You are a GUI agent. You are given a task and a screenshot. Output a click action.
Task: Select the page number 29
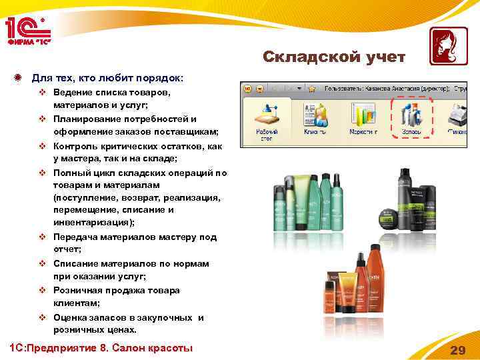click(x=457, y=351)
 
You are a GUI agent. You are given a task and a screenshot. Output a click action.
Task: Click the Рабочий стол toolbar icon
click(x=269, y=119)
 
